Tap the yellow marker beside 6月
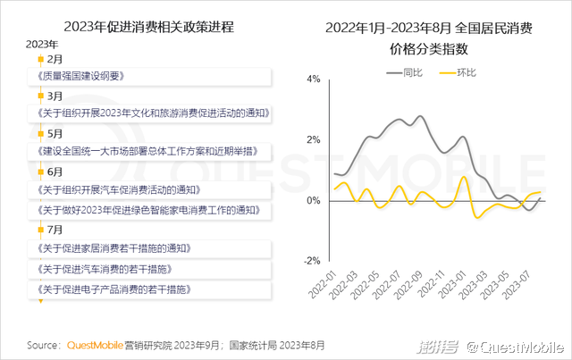click(39, 171)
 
